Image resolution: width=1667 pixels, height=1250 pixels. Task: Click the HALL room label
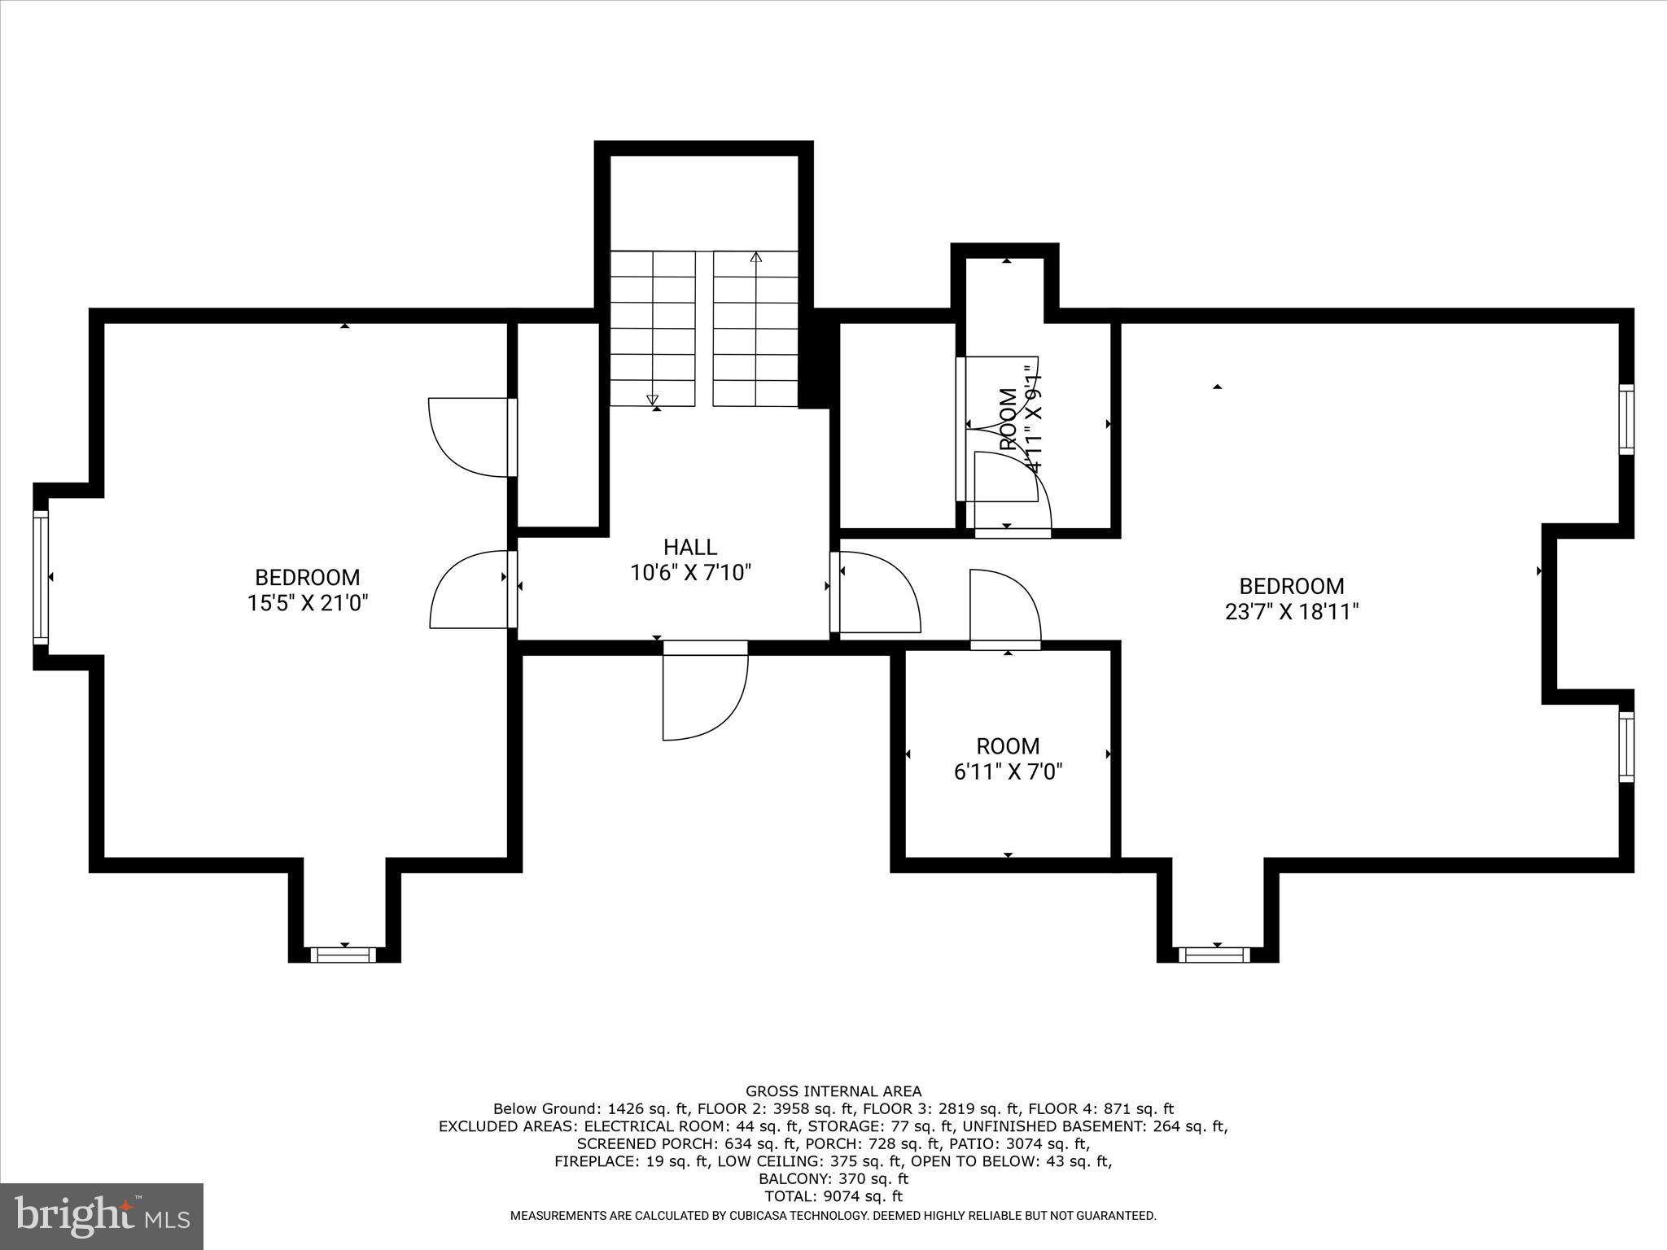click(x=689, y=547)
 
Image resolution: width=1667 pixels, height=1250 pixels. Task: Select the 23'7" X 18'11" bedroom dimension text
click(x=1292, y=611)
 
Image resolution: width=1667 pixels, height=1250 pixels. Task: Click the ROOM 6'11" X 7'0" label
click(x=1008, y=758)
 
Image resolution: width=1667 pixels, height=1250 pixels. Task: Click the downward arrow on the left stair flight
click(x=652, y=399)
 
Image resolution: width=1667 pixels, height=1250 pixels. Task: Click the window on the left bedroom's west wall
click(x=41, y=577)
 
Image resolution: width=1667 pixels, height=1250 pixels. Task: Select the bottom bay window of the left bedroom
click(x=344, y=955)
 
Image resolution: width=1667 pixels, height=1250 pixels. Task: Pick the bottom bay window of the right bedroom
click(x=1216, y=955)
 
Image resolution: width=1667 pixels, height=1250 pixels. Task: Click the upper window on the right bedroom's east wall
click(x=1625, y=419)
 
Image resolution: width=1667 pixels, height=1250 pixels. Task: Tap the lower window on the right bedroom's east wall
click(x=1625, y=747)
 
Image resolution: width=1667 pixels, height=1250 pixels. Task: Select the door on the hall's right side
click(x=876, y=592)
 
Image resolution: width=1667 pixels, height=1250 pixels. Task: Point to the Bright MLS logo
click(x=101, y=1215)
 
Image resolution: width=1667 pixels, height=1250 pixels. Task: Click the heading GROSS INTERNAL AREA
click(x=833, y=1091)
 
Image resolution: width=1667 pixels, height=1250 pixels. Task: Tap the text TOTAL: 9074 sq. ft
click(x=833, y=1196)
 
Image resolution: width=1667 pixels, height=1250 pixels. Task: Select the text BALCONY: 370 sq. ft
click(x=833, y=1178)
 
